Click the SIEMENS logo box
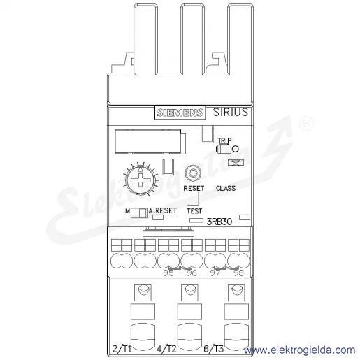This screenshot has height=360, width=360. [x=180, y=113]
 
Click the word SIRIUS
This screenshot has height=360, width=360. [x=231, y=112]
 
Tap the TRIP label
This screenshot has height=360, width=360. [x=224, y=140]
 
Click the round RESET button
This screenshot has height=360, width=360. [x=193, y=173]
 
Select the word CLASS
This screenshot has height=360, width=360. [x=226, y=188]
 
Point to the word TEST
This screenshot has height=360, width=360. [x=194, y=211]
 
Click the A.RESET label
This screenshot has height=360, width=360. [x=163, y=210]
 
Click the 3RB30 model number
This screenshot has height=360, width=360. [x=219, y=222]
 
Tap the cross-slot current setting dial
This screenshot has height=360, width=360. [x=140, y=180]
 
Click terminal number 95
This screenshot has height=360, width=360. [x=168, y=273]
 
